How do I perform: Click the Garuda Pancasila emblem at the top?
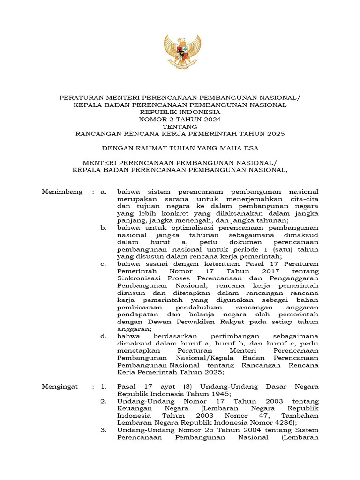(182, 52)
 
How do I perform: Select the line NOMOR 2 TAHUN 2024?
(180, 119)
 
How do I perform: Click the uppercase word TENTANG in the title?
(180, 127)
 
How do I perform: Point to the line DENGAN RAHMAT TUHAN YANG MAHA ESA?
(180, 148)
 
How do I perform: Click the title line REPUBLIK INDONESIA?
(180, 112)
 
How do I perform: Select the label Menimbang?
(62, 192)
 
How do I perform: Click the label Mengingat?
(61, 387)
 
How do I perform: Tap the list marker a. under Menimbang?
(104, 192)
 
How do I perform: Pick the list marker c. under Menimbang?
(104, 263)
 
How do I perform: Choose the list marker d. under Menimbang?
(104, 336)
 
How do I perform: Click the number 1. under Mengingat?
(104, 387)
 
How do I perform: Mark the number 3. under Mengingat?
(104, 430)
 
